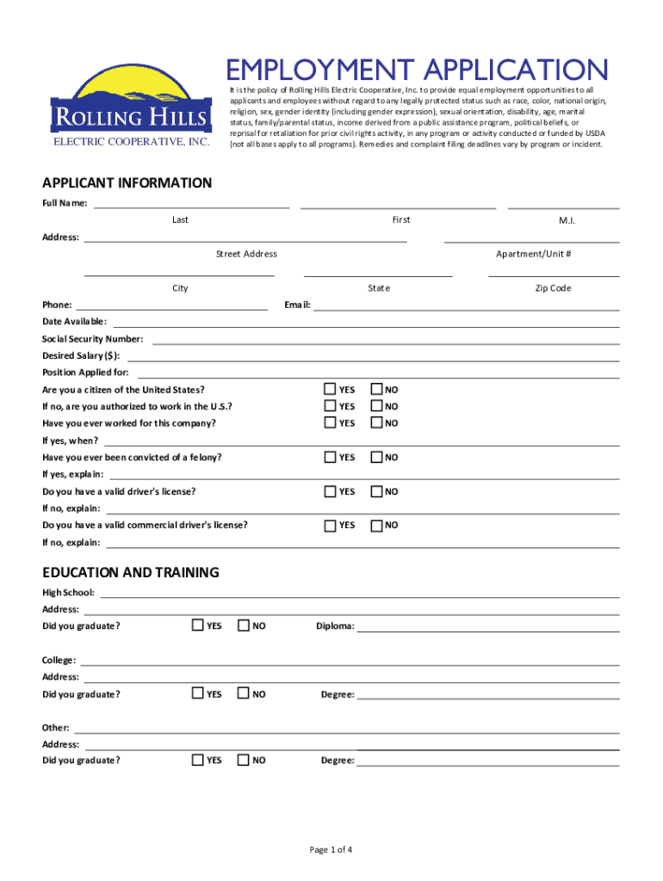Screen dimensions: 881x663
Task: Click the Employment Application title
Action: (418, 70)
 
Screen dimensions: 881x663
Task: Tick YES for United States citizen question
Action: (330, 389)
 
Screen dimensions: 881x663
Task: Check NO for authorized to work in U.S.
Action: (376, 405)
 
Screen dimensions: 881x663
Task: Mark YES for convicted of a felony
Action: (330, 457)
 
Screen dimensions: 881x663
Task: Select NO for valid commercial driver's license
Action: (376, 524)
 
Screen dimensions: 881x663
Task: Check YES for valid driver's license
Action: (330, 491)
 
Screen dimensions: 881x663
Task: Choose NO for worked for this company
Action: (376, 422)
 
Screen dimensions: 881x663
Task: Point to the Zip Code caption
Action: (553, 288)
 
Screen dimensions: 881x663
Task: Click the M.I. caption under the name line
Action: (566, 221)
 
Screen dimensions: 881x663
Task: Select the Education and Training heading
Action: (131, 572)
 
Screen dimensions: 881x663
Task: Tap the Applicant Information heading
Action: (127, 183)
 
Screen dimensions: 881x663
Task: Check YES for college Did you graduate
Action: (197, 693)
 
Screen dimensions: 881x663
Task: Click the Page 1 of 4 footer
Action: (331, 850)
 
